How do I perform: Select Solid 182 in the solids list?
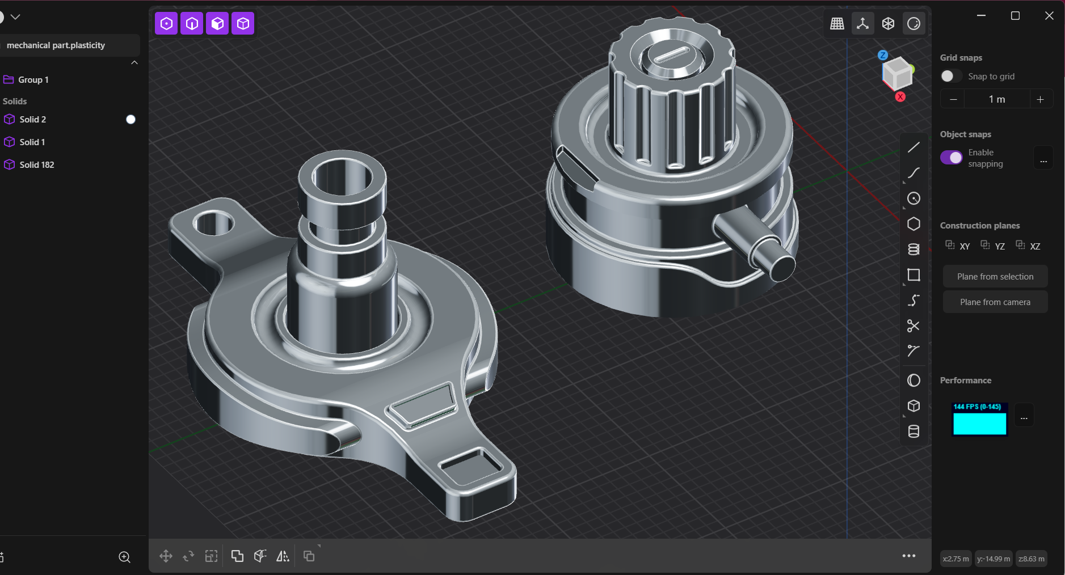pos(36,164)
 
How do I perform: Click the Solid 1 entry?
pos(32,142)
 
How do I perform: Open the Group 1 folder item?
pos(33,80)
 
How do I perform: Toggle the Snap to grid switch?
pos(950,76)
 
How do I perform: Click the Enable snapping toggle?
pos(952,158)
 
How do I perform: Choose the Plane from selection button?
pos(995,277)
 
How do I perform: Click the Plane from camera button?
pos(995,302)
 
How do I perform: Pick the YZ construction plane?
pos(993,246)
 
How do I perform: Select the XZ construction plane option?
pos(1028,246)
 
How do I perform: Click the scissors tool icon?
pos(913,326)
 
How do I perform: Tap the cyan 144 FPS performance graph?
pos(979,420)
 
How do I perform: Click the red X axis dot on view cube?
pos(900,97)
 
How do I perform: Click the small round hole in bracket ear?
pos(213,223)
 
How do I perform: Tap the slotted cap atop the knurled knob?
pos(671,57)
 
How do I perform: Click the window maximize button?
pos(1015,16)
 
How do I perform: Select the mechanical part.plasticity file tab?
pos(56,45)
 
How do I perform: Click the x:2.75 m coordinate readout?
pos(955,559)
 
